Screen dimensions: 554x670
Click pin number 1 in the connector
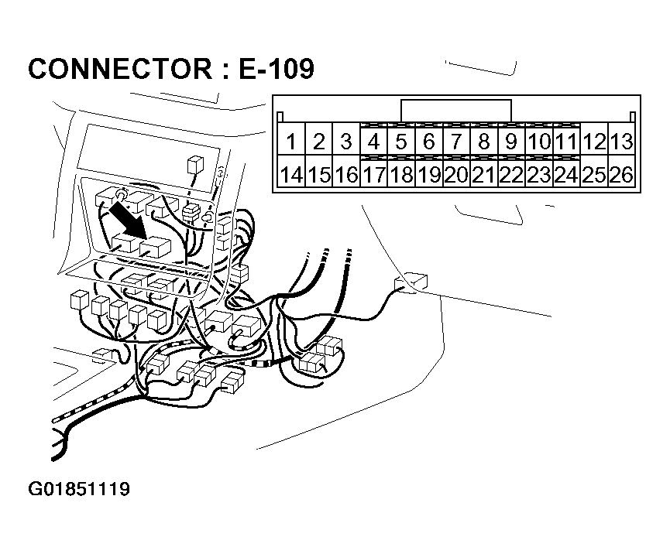click(x=291, y=142)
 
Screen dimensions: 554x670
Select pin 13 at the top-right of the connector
click(x=621, y=142)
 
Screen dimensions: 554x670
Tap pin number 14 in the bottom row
click(x=291, y=176)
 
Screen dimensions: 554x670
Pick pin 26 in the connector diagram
click(x=621, y=176)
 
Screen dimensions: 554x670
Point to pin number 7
click(x=457, y=142)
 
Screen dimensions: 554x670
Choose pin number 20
click(x=457, y=176)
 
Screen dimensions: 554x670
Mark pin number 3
click(x=346, y=142)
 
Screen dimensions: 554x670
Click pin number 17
click(x=374, y=176)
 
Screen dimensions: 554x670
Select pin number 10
click(x=539, y=142)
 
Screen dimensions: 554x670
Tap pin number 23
click(x=539, y=176)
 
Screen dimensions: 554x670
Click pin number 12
click(x=594, y=142)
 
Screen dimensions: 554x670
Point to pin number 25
click(x=594, y=176)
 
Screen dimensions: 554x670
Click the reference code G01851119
click(x=79, y=490)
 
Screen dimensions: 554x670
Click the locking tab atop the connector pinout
click(x=456, y=110)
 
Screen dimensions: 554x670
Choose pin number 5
click(x=401, y=142)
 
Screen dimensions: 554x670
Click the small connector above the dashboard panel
click(x=194, y=166)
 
